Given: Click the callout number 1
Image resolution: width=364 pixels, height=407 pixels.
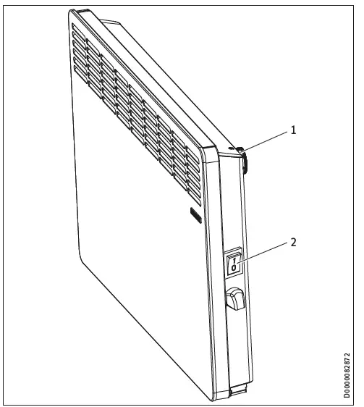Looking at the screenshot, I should click(293, 130).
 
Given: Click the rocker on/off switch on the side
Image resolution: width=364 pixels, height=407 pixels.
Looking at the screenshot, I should click(234, 262).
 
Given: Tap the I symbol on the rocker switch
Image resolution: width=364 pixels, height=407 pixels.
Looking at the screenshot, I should click(234, 256).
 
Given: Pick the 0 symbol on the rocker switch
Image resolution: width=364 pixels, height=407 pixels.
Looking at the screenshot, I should click(234, 268).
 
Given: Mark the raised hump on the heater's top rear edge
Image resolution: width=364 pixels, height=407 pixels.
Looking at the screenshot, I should click(83, 12).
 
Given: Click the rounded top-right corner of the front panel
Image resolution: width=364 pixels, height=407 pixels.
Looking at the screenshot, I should click(214, 154).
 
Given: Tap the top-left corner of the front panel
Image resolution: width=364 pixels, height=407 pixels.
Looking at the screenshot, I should click(72, 14).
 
